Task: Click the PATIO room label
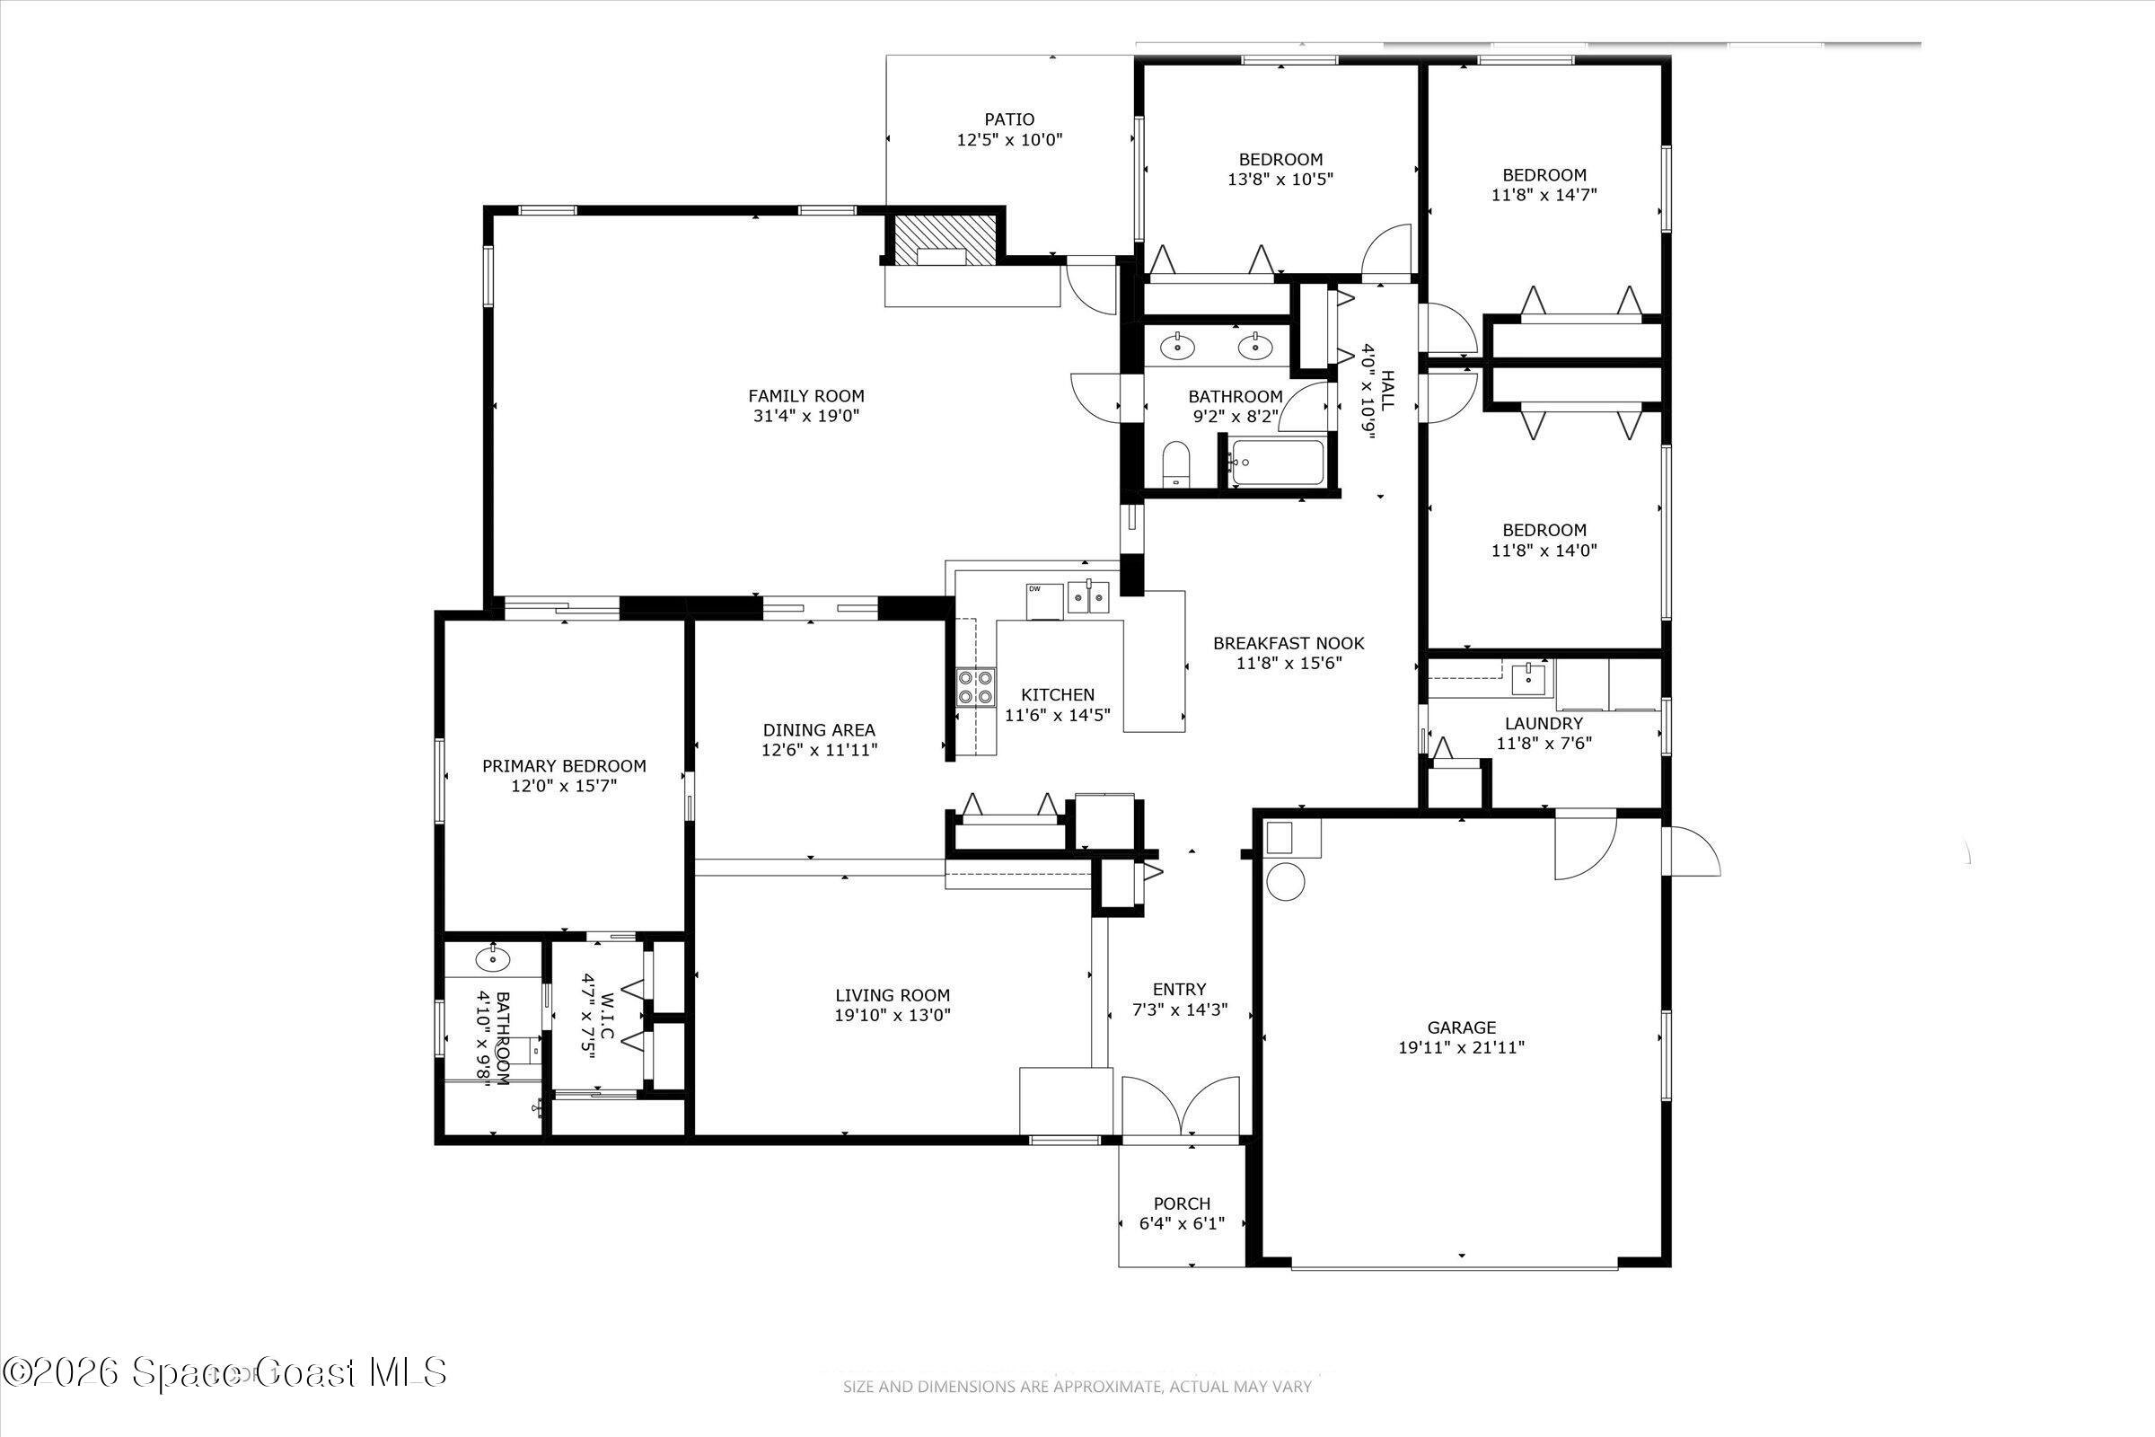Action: pos(1008,119)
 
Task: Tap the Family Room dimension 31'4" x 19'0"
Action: pos(805,416)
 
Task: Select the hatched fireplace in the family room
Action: pos(943,240)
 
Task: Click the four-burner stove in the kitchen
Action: pos(975,687)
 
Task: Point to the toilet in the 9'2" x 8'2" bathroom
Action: pos(1174,463)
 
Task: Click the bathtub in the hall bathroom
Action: pos(1277,463)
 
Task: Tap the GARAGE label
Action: pos(1462,1027)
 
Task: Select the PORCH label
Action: pos(1181,1203)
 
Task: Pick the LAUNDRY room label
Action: pos(1544,723)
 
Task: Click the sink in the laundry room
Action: pos(1528,679)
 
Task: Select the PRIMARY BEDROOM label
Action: pos(565,766)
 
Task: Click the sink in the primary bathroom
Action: pos(492,959)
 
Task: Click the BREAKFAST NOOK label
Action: pos(1289,643)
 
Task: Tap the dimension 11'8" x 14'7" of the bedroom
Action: pos(1544,195)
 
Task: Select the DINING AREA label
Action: pos(819,730)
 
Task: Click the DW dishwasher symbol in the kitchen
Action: pos(1043,602)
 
